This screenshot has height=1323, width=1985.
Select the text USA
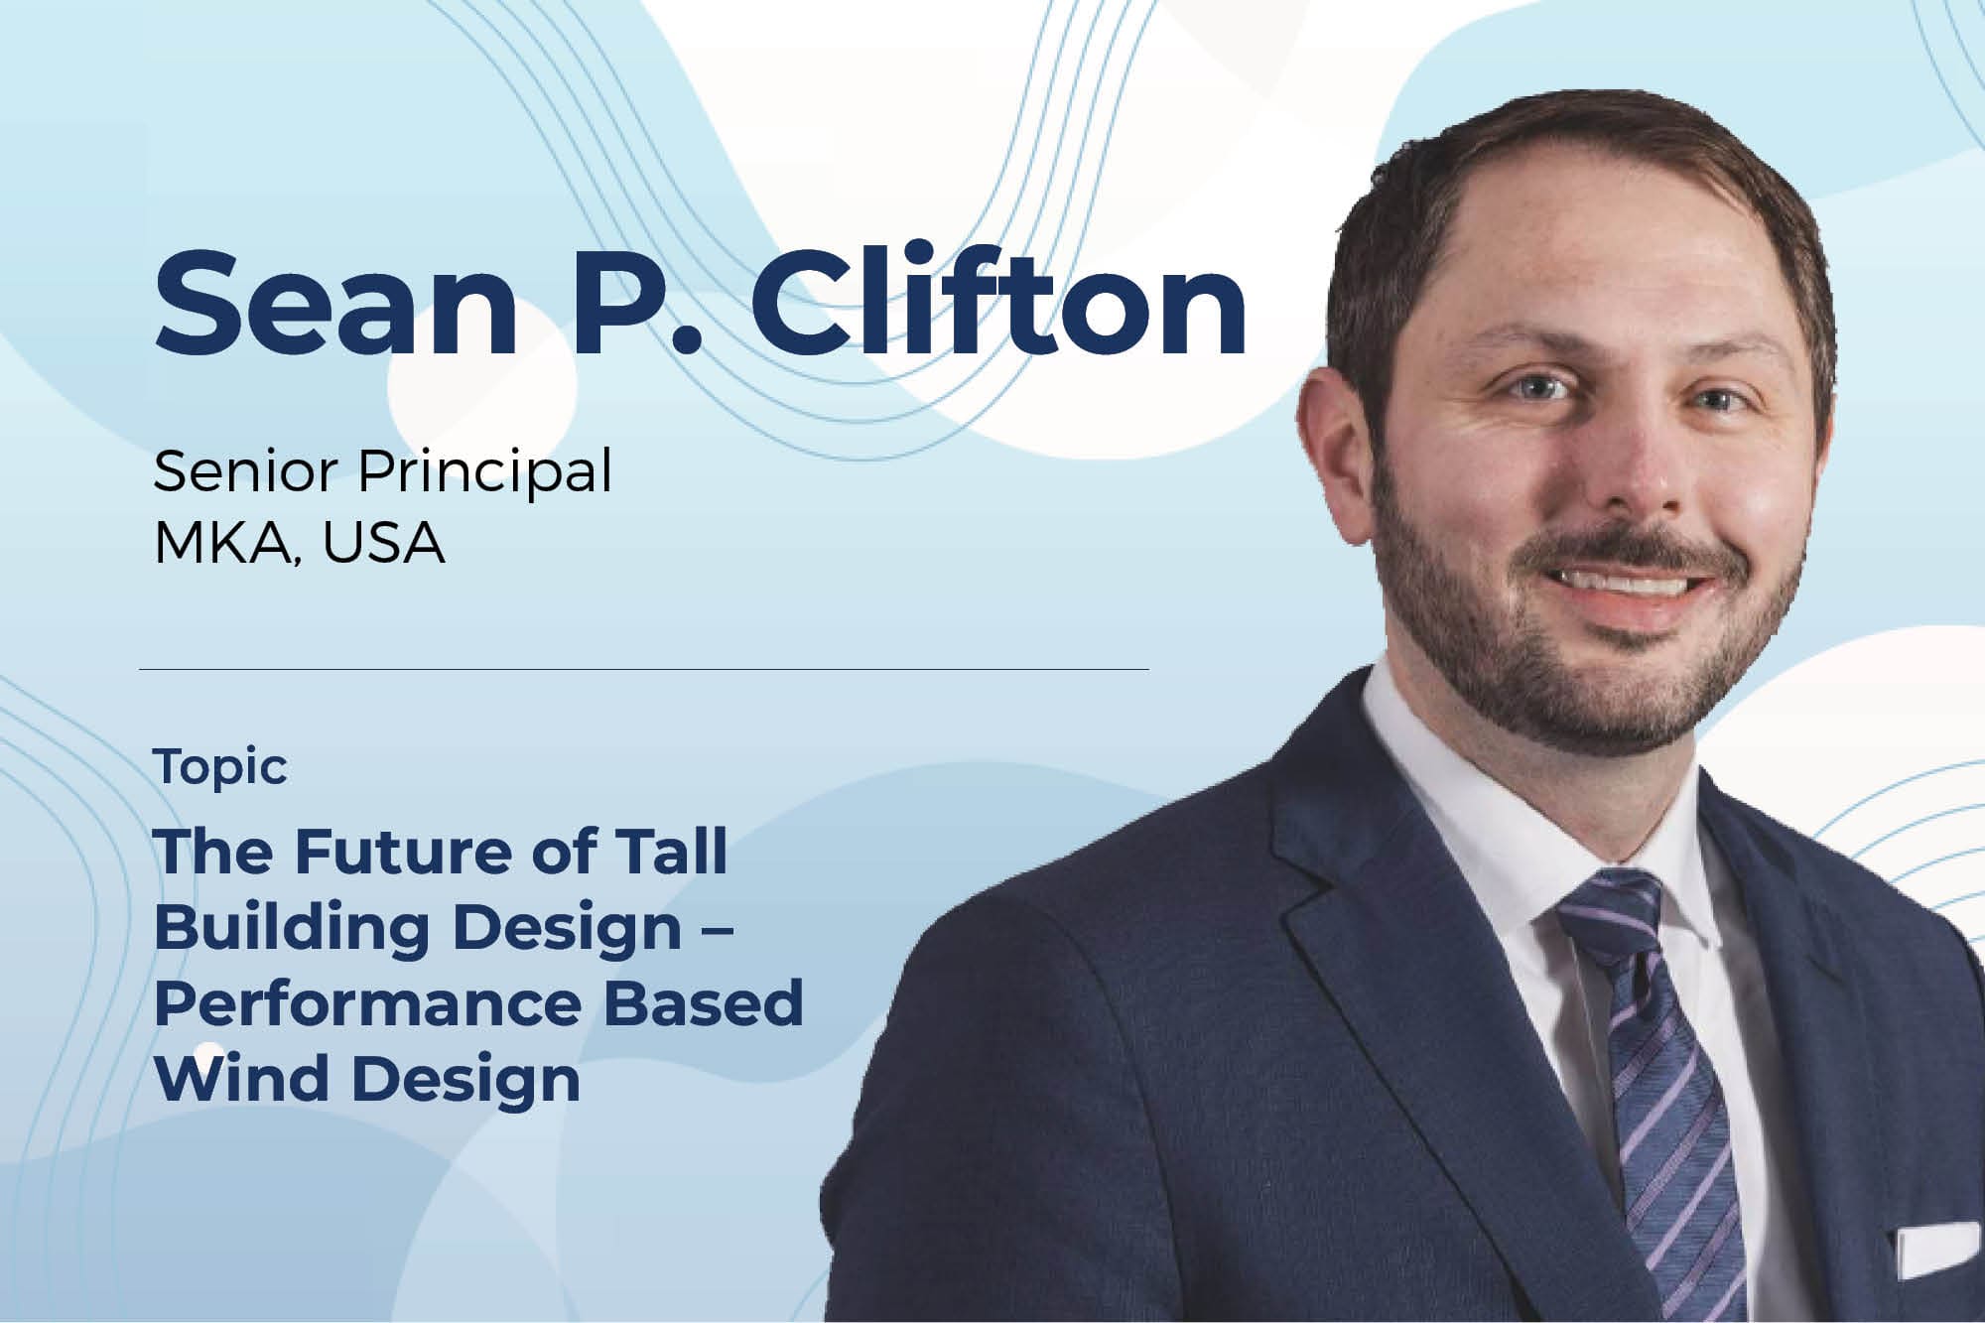[384, 544]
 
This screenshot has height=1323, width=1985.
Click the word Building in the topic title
[292, 928]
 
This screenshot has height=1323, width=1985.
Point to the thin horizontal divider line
[644, 670]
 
